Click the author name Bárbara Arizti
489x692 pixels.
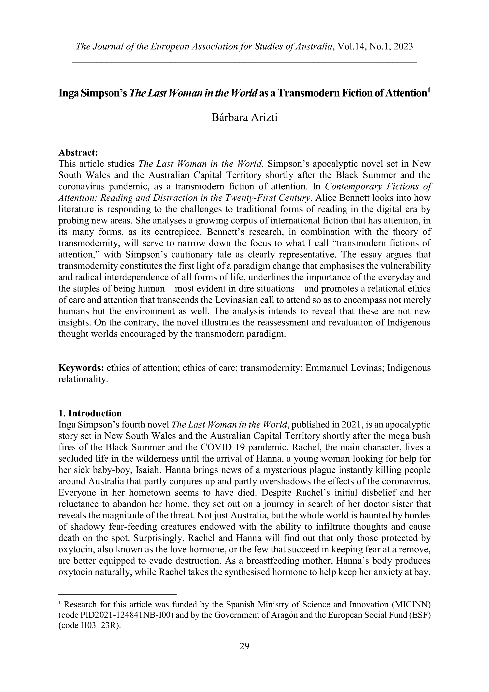click(244, 117)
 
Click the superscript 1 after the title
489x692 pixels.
click(429, 90)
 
